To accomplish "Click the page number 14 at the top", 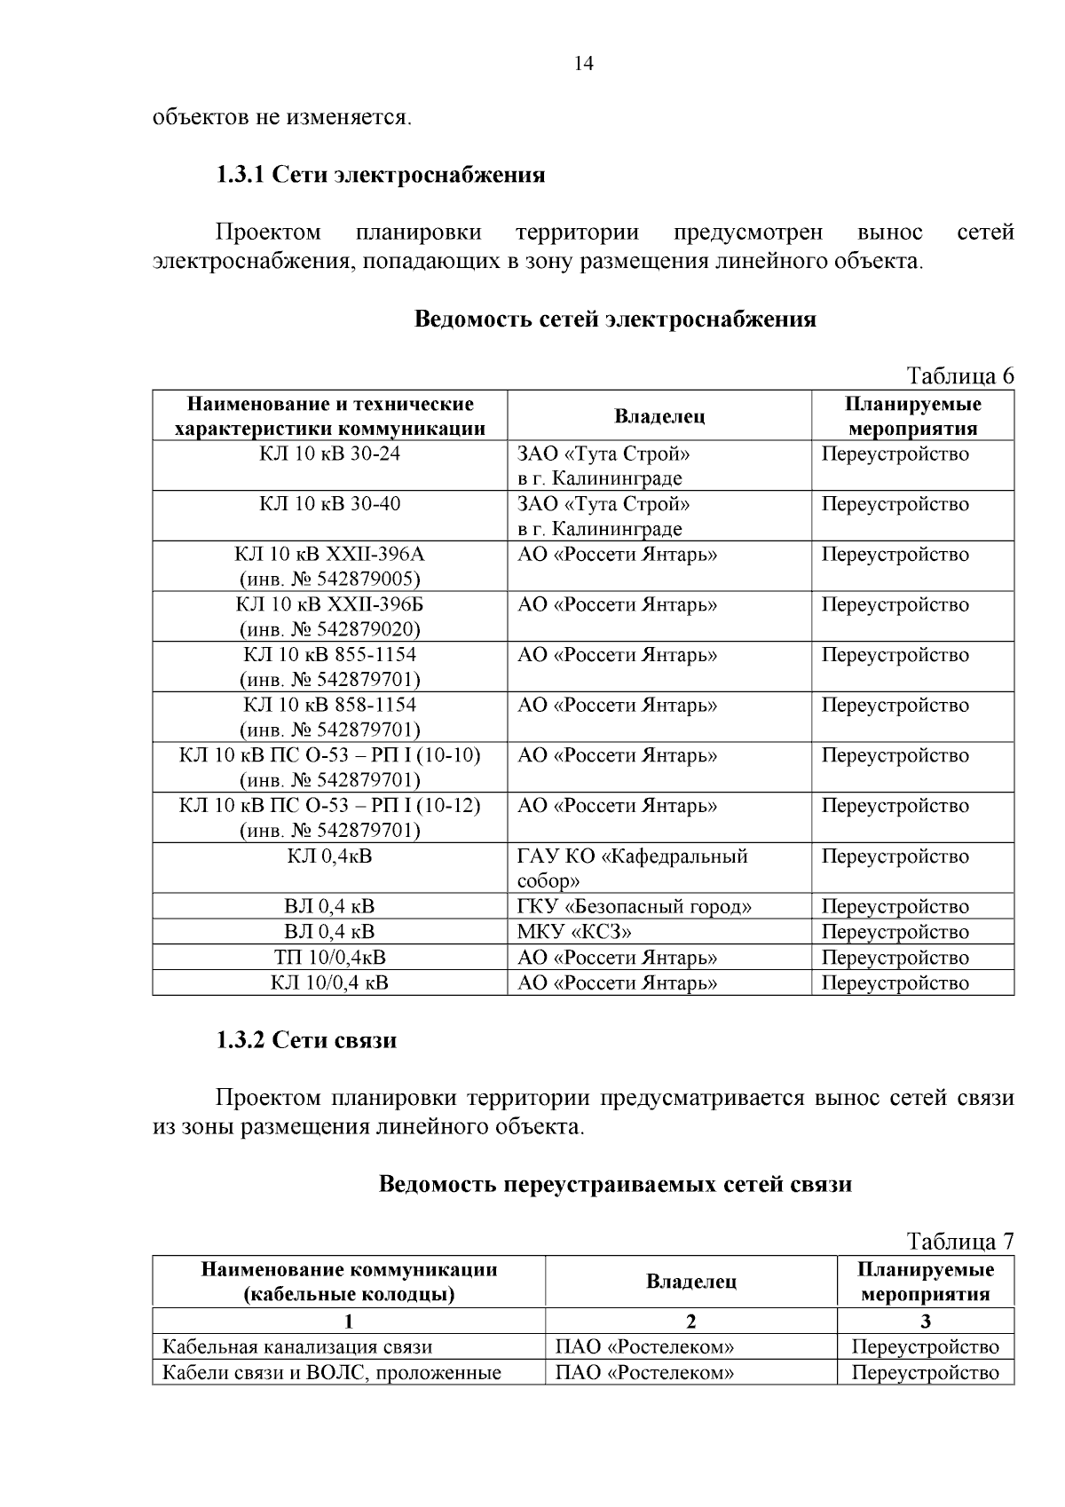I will point(583,64).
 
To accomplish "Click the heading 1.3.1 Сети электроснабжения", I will point(381,174).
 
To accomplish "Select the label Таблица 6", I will point(958,376).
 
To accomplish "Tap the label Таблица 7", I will point(958,1241).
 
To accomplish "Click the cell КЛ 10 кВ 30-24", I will point(329,454).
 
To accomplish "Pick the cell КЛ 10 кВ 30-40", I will point(329,504).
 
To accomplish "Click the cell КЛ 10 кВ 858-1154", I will point(329,706).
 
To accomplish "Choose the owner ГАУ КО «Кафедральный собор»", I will point(632,868).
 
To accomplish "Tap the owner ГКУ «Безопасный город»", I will point(634,907).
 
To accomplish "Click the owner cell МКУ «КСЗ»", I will point(574,932).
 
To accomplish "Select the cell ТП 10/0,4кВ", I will point(329,958).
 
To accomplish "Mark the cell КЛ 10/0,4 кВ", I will point(329,982).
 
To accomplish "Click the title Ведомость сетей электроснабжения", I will point(615,320).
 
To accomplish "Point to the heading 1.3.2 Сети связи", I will point(306,1040).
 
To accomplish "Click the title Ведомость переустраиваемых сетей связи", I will point(615,1185).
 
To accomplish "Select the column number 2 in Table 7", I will point(690,1321).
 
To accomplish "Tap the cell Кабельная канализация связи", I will point(296,1347).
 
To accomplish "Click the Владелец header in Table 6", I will point(659,416).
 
